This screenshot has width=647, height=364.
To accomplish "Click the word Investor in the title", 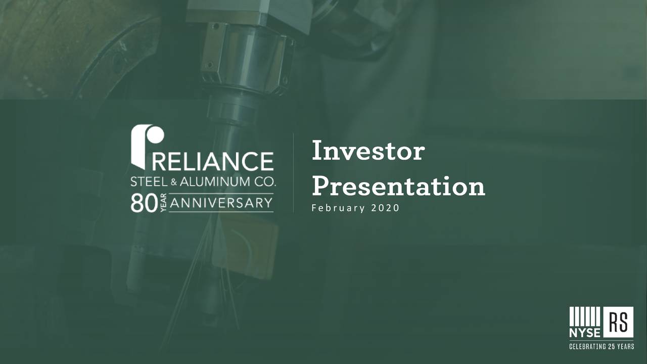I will coord(368,151).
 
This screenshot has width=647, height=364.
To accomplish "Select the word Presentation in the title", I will coord(398,187).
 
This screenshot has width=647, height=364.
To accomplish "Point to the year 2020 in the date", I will coord(384,208).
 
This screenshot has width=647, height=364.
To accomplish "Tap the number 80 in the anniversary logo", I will coord(143,203).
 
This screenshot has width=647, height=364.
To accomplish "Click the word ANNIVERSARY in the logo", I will coord(221,203).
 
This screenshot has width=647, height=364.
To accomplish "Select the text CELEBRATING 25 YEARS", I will coord(602,347).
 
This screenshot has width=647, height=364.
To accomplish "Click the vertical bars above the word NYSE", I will coord(584,316).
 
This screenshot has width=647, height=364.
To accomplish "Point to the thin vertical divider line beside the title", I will coord(294,173).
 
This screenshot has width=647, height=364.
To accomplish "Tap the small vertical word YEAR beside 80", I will coord(162,204).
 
